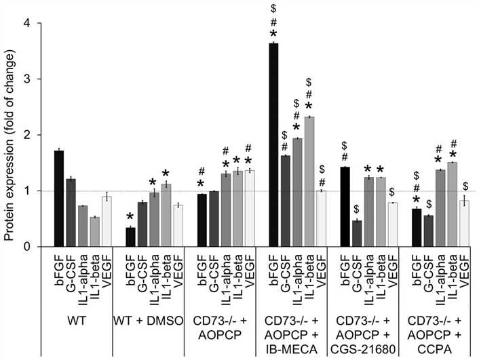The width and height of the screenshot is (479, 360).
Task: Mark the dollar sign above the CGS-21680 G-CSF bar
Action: pos(356,205)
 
